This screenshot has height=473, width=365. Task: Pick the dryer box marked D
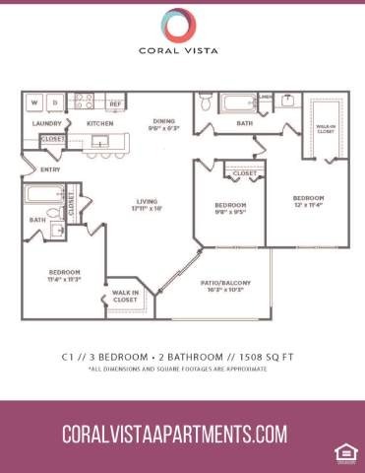55,101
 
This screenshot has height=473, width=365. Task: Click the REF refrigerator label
115,103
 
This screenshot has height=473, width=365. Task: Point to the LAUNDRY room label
47,124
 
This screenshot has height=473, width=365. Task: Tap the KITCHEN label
100,124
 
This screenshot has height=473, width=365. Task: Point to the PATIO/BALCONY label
228,286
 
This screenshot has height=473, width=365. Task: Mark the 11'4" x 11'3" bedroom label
65,275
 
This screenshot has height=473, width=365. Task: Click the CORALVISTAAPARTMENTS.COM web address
174,435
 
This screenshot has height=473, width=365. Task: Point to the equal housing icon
343,452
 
